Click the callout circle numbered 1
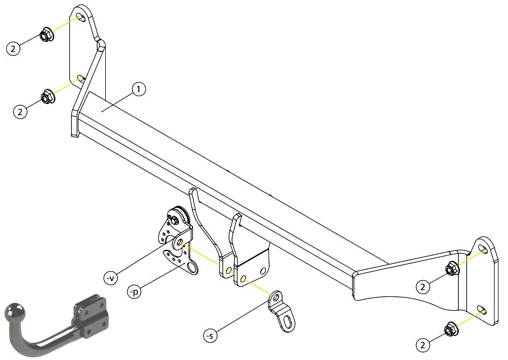[139, 89]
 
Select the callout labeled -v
[110, 278]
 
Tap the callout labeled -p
[134, 292]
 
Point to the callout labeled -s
[210, 336]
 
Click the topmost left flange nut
[46, 34]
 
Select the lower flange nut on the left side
[48, 96]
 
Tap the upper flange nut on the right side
[451, 268]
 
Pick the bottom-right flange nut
[450, 329]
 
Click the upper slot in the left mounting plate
[81, 17]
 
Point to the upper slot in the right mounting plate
[482, 250]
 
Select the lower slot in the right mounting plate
[482, 310]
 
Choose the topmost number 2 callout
[13, 49]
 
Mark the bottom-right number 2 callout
[422, 345]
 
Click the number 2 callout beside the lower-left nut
[20, 112]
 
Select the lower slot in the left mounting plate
[81, 78]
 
